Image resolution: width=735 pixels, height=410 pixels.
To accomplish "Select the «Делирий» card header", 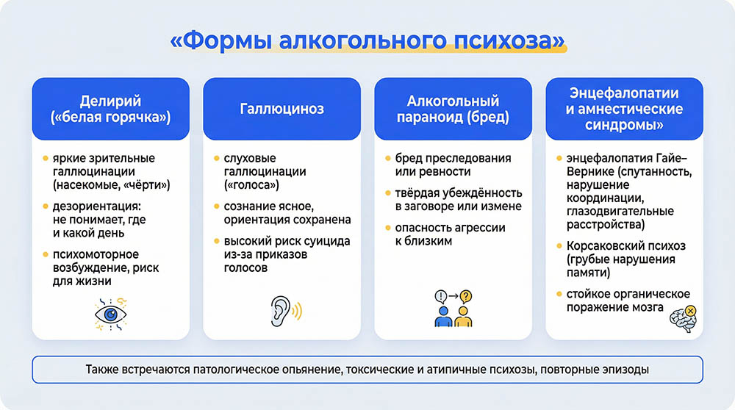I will point(110,109).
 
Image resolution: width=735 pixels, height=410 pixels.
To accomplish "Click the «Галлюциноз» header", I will point(282,109).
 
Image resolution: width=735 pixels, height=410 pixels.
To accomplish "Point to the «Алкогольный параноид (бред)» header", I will point(453,109).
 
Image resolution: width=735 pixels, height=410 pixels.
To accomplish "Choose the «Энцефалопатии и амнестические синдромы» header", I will point(624,109).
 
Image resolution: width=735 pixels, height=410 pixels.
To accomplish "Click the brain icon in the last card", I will point(682,320).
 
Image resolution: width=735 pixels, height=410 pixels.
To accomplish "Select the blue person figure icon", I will point(443,317).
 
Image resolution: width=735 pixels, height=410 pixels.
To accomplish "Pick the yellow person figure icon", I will point(463,317).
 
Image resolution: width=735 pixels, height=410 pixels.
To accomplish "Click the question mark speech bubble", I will point(465,296).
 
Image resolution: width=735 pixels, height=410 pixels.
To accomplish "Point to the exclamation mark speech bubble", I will point(441,296).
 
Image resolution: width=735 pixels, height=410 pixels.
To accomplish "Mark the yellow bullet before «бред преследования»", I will point(387,158).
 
